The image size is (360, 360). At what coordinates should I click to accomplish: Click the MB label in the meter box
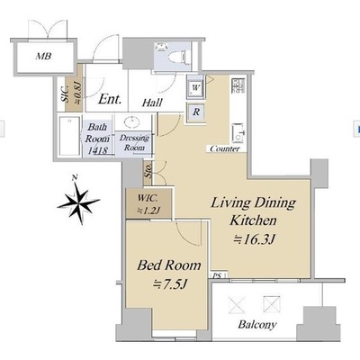click(x=44, y=56)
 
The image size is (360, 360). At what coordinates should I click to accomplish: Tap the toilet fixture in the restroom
click(x=179, y=56)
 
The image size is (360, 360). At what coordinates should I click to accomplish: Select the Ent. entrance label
click(x=110, y=99)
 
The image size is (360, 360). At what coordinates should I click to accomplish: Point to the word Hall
click(x=152, y=103)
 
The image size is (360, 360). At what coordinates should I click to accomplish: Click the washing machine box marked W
click(x=195, y=87)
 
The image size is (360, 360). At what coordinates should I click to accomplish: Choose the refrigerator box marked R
click(x=196, y=112)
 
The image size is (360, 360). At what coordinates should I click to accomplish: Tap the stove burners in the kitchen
click(x=238, y=85)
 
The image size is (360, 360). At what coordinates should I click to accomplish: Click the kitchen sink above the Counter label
click(x=238, y=133)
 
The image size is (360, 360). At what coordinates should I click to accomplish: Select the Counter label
click(x=225, y=148)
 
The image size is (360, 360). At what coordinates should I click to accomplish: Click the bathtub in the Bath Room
click(x=69, y=136)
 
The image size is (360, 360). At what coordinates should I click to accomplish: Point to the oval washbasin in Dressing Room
click(x=131, y=122)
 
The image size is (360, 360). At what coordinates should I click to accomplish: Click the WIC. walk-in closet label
click(x=148, y=198)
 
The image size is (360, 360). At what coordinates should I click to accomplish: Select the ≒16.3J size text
click(x=255, y=239)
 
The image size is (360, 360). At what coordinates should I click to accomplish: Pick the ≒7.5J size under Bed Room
click(x=170, y=283)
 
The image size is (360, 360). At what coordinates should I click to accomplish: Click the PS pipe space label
click(x=218, y=275)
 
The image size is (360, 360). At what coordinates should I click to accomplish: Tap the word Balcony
click(x=257, y=325)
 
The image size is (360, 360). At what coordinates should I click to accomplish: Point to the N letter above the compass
click(x=75, y=177)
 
